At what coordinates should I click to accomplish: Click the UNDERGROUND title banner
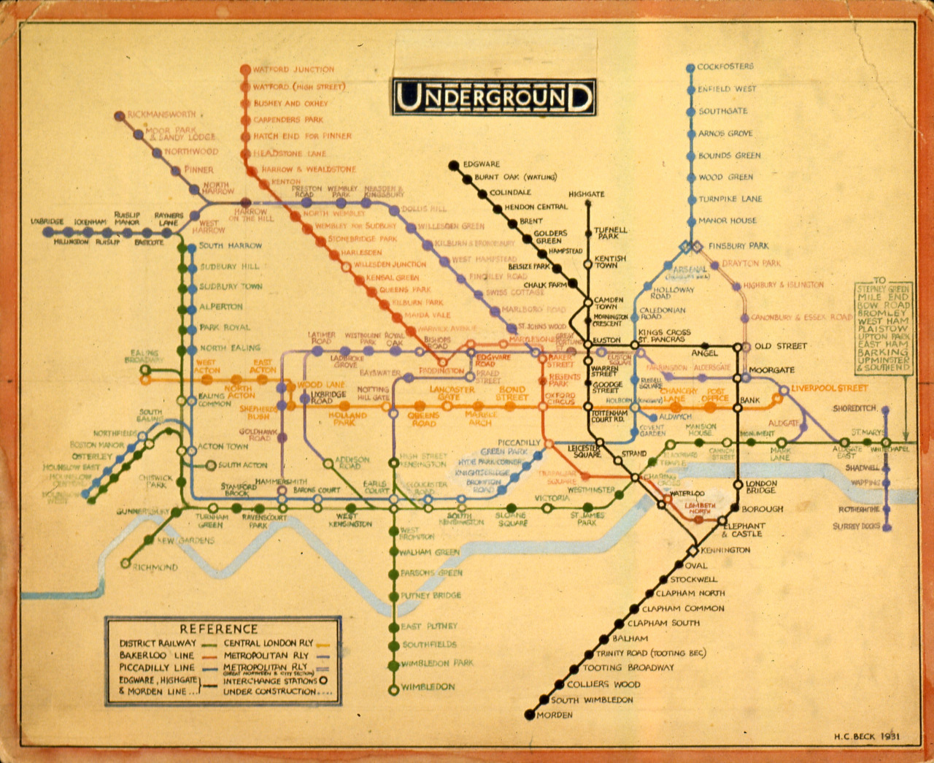(494, 97)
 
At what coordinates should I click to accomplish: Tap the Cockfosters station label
(725, 66)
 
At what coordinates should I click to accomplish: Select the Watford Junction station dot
(245, 70)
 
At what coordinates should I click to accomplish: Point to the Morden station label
(555, 715)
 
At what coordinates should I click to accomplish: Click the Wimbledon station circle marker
(394, 689)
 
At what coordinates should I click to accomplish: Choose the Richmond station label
(155, 567)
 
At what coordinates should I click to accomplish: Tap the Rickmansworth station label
(161, 115)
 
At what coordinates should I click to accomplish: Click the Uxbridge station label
(47, 221)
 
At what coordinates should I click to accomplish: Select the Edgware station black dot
(453, 165)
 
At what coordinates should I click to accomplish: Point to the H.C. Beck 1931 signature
(867, 736)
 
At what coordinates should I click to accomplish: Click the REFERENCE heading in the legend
(218, 629)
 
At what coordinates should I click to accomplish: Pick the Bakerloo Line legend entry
(157, 656)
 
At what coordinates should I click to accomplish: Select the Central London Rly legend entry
(268, 643)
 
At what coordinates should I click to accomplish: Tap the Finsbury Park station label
(738, 246)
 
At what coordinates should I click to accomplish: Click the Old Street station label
(781, 346)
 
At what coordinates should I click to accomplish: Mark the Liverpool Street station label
(830, 388)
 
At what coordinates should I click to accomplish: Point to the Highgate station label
(587, 194)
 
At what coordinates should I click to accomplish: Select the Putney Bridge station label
(431, 596)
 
